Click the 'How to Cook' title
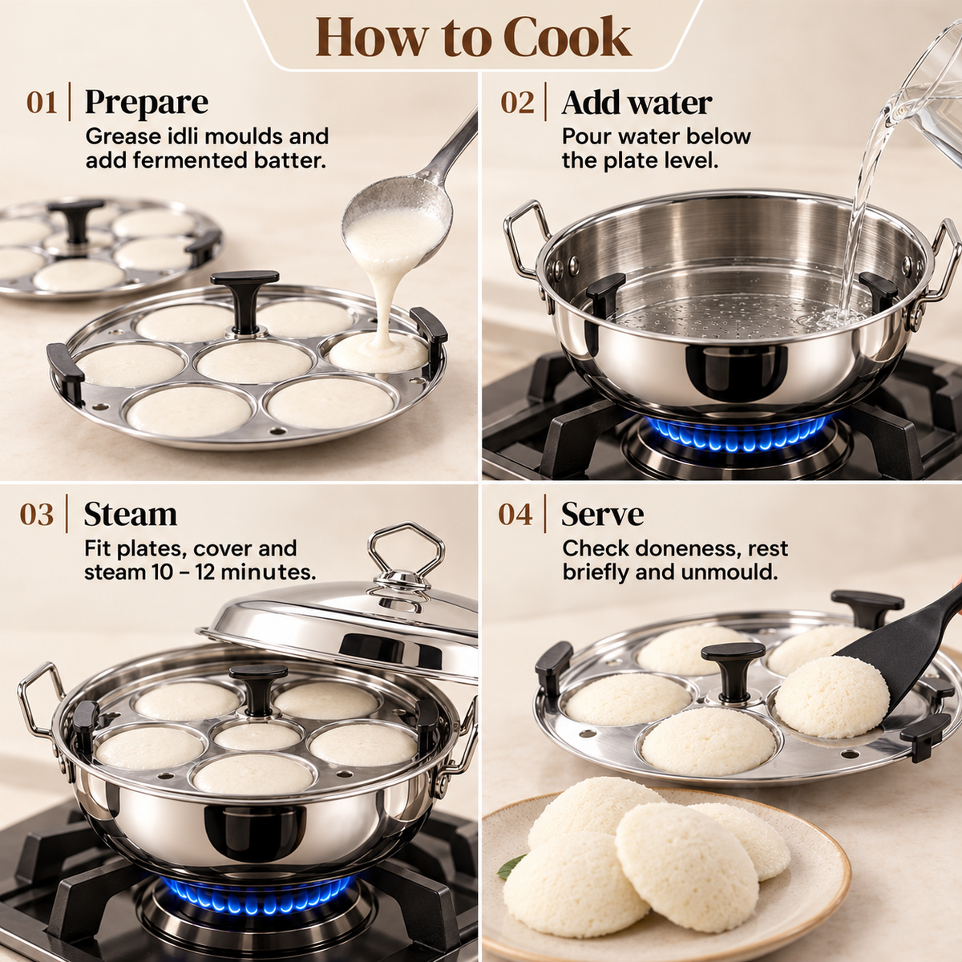473,38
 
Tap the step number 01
42,103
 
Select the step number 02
517,103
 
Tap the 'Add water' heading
637,103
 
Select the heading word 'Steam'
131,514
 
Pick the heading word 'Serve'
602,514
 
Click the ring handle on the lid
406,548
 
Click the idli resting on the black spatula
831,697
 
